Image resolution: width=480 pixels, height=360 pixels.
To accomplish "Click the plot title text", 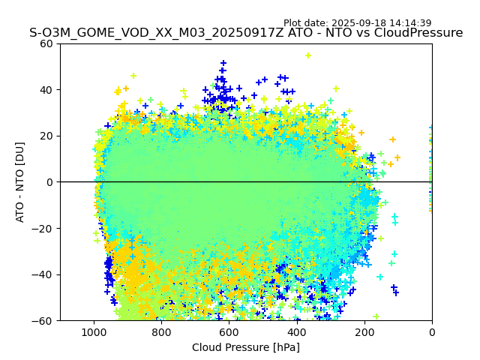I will click(246, 33).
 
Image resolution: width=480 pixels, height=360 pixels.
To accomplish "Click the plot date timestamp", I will click(357, 23).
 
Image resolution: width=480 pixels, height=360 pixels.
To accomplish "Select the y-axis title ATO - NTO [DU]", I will click(20, 182).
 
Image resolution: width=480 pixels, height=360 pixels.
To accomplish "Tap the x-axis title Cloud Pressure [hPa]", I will click(246, 347).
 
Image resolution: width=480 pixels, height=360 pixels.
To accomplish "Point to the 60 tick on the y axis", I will click(46, 43).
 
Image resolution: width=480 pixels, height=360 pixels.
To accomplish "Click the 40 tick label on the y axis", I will click(46, 90).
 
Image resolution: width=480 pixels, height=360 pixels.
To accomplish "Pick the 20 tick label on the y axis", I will click(46, 136).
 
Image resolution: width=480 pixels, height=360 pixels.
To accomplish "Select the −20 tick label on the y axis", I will click(43, 228).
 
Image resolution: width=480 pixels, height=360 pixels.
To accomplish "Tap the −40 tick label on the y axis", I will click(43, 274).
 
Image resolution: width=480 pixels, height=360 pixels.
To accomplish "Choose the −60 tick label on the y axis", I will click(43, 320).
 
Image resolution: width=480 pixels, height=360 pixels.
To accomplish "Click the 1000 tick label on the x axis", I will click(94, 331).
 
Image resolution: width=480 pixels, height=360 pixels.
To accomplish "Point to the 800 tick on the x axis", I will click(161, 331).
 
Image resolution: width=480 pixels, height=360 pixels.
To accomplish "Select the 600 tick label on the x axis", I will click(229, 331).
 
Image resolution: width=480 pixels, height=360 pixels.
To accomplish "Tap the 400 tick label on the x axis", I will click(296, 331).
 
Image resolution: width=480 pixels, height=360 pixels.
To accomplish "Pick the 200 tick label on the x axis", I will click(364, 331).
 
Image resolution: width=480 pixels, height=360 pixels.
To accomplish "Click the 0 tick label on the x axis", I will click(432, 331).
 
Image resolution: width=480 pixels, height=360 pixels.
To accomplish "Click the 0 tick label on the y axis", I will click(49, 182).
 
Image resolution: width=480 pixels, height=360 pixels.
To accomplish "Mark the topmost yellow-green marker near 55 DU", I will click(308, 55).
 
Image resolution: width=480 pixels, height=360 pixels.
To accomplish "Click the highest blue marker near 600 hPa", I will click(223, 64).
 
